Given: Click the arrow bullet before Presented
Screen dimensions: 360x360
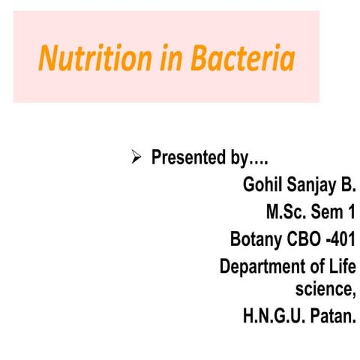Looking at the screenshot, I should (136, 157).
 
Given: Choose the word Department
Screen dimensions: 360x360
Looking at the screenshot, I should (267, 267).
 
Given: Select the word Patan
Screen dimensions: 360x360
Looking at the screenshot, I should (331, 316).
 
